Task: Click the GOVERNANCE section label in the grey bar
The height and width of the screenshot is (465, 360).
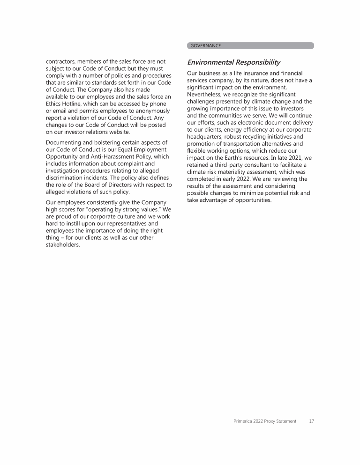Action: click(205, 46)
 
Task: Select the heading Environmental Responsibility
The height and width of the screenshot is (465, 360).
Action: click(233, 62)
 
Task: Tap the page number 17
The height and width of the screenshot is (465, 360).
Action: click(311, 421)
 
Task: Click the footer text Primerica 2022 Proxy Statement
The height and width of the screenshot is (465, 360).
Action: click(265, 421)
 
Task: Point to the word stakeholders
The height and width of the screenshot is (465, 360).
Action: click(62, 245)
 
